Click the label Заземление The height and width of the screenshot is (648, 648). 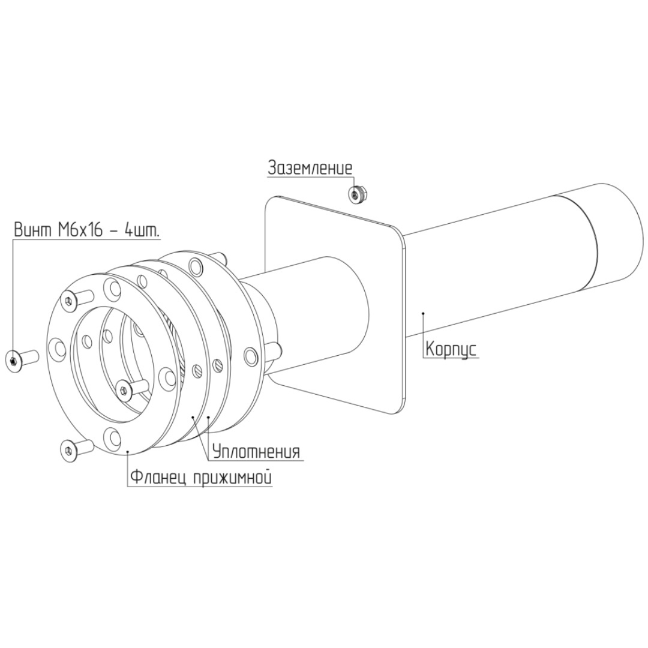(310, 168)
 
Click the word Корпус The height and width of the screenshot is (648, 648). (451, 349)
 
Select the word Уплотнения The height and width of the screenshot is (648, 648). (256, 451)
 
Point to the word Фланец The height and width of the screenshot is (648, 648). (156, 477)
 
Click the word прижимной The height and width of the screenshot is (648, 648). (232, 478)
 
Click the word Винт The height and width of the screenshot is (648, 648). (31, 229)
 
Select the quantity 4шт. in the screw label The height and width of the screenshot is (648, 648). (142, 229)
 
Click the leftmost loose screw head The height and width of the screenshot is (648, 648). (14, 361)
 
